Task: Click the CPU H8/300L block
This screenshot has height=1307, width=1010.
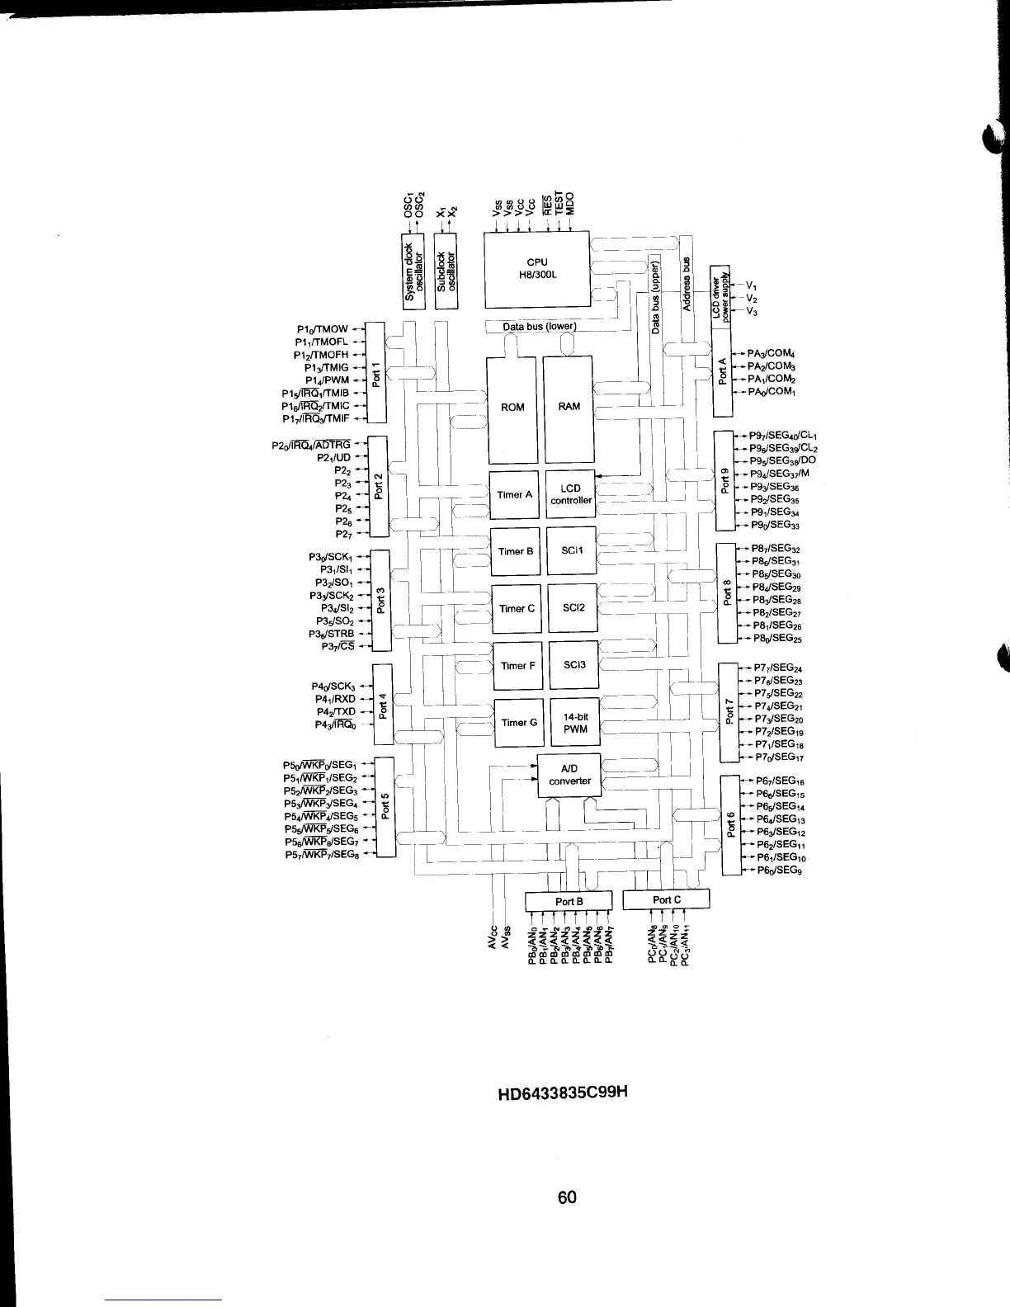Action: click(x=536, y=268)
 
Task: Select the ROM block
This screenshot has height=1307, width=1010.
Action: click(x=512, y=408)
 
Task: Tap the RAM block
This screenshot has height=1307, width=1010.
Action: click(x=569, y=408)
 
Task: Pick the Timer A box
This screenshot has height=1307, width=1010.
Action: click(x=514, y=495)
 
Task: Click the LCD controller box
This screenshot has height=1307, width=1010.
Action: click(x=571, y=494)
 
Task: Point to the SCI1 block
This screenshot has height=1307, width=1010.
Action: click(x=572, y=550)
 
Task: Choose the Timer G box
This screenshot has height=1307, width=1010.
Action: click(x=518, y=723)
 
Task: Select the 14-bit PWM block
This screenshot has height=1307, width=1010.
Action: click(x=574, y=723)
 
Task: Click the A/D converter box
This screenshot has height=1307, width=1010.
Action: click(x=569, y=775)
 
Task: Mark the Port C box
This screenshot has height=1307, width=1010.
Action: click(x=666, y=899)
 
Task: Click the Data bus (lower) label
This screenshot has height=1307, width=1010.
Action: click(x=540, y=326)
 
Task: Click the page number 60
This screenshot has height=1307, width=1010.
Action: click(x=566, y=1196)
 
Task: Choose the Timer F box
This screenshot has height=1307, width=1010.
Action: click(x=518, y=666)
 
